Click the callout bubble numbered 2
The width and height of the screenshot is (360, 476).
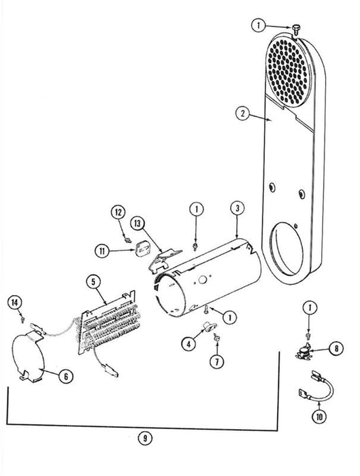242,114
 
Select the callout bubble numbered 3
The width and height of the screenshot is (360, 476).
238,208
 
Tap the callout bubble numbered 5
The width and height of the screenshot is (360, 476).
93,282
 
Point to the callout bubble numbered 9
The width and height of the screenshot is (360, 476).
145,438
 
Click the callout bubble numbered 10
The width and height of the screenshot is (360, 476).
319,417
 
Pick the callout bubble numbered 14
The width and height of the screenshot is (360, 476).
15,302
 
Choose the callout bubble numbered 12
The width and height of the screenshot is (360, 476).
118,212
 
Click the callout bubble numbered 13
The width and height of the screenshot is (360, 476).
137,224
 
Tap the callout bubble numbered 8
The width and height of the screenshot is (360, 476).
336,348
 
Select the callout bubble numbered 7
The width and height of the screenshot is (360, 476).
217,362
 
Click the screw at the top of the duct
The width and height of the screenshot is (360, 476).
295,29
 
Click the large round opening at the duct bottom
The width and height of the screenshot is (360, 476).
287,249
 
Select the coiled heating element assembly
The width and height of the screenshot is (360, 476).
108,322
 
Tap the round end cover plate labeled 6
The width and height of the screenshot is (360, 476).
27,357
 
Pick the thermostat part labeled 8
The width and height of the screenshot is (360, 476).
304,352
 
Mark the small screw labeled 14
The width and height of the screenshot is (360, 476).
22,319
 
